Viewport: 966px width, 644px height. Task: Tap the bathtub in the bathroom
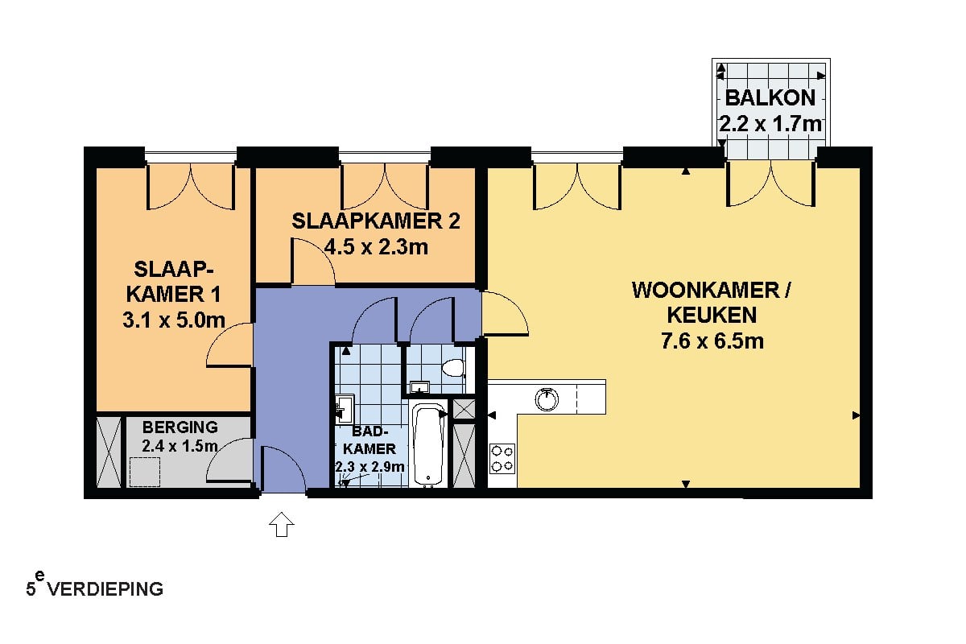[x=428, y=444]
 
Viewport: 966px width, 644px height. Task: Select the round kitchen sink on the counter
[x=547, y=399]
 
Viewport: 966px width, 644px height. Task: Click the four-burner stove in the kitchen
[x=502, y=459]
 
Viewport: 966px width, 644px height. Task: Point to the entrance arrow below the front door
[x=281, y=524]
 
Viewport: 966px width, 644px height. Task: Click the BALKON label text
[x=770, y=98]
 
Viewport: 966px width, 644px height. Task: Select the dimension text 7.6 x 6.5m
[x=712, y=341]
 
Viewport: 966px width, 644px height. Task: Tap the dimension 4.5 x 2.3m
[x=376, y=247]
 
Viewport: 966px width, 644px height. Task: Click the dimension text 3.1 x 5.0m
[x=174, y=320]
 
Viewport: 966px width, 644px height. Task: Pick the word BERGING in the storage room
[x=180, y=427]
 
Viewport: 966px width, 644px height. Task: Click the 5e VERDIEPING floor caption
[x=94, y=587]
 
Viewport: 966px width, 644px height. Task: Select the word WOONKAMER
[x=706, y=290]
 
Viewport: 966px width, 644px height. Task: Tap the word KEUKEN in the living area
[x=712, y=315]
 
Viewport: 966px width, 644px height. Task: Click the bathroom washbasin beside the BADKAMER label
[x=345, y=408]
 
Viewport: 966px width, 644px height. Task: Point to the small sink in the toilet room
[x=419, y=387]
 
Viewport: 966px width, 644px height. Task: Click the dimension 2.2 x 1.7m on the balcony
[x=770, y=124]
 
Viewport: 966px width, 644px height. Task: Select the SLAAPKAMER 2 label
[x=376, y=221]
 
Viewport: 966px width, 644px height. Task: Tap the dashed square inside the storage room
[x=145, y=472]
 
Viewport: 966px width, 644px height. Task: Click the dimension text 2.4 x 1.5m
[x=180, y=446]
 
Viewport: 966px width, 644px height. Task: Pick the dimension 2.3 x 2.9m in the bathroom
[x=370, y=467]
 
